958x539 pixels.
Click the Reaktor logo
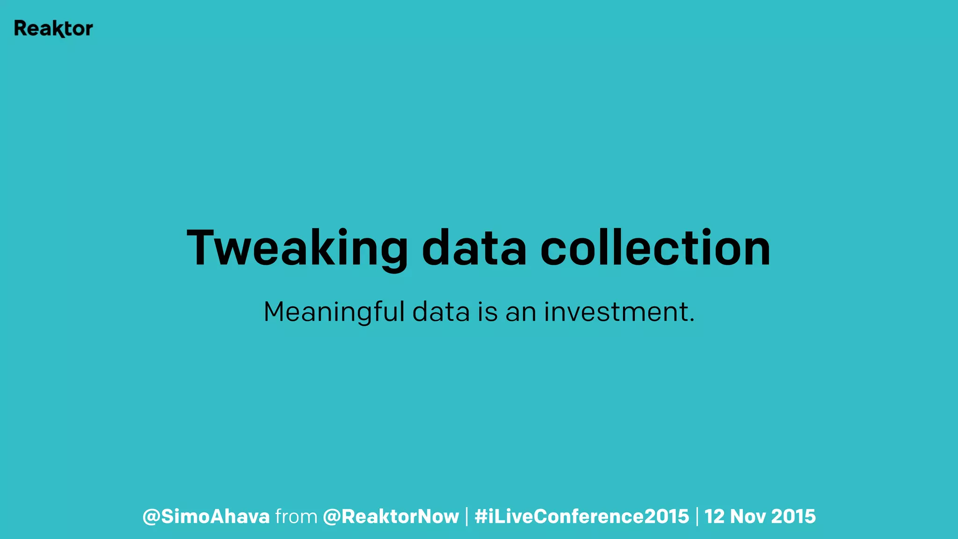[x=53, y=29]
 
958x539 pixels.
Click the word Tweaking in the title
[x=298, y=248]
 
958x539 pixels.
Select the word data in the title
[x=474, y=248]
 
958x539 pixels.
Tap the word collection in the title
[x=655, y=248]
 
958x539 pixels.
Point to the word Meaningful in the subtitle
[x=334, y=312]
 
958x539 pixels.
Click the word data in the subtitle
[x=441, y=312]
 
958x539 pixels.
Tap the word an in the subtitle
[x=521, y=312]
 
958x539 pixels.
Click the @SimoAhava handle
[x=206, y=517]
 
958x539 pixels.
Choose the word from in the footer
[x=296, y=517]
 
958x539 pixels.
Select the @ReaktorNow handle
[x=391, y=517]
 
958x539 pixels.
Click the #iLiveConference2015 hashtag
[x=581, y=517]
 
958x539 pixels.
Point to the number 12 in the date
[x=714, y=517]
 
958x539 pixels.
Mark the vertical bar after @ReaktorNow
[x=466, y=517]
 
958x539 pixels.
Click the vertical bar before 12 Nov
[x=697, y=517]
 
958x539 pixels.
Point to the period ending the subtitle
[x=692, y=321]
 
